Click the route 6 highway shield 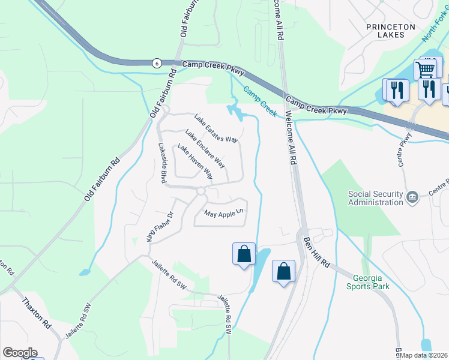click(156, 63)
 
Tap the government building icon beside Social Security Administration click(412, 197)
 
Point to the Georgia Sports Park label click(368, 282)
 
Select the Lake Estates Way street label click(217, 128)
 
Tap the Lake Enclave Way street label click(205, 149)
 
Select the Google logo click(20, 353)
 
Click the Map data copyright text click(424, 355)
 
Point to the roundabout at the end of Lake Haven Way click(201, 191)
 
